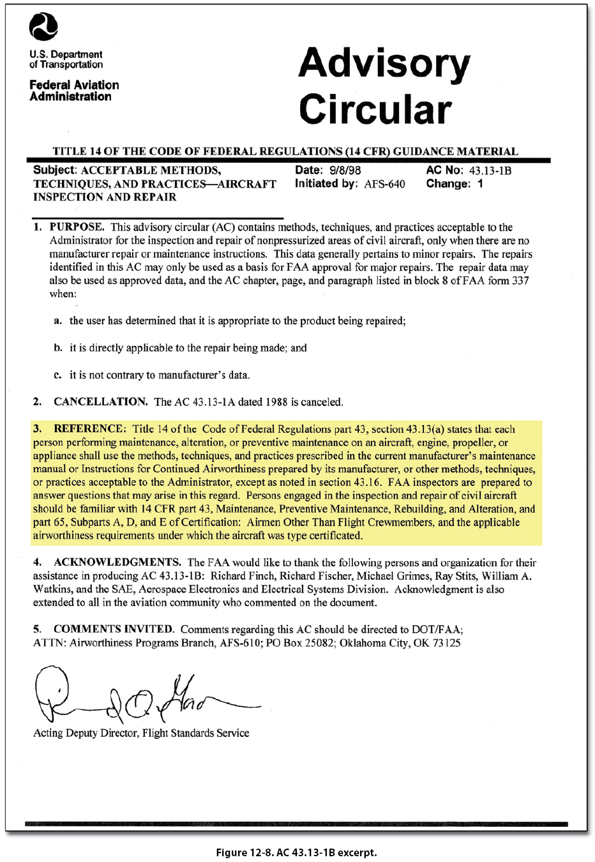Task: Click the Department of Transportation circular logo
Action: [x=43, y=27]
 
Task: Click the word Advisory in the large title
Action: [x=384, y=64]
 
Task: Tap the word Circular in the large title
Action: [x=375, y=109]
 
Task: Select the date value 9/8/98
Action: [x=345, y=170]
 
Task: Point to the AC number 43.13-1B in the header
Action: [x=490, y=170]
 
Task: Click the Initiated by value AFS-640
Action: [x=384, y=185]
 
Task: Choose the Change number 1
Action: [x=480, y=184]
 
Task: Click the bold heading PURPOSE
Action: [x=77, y=227]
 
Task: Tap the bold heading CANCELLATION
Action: [x=100, y=402]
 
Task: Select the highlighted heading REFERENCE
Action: [x=89, y=428]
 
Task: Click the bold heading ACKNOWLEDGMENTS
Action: [x=117, y=562]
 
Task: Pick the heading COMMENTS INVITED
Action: [x=113, y=629]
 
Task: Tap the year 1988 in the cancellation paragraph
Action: [x=276, y=402]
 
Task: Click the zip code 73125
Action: [x=446, y=643]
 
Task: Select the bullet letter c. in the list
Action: [x=57, y=375]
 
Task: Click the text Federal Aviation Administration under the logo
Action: [x=73, y=91]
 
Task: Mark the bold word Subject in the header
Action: [x=54, y=170]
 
